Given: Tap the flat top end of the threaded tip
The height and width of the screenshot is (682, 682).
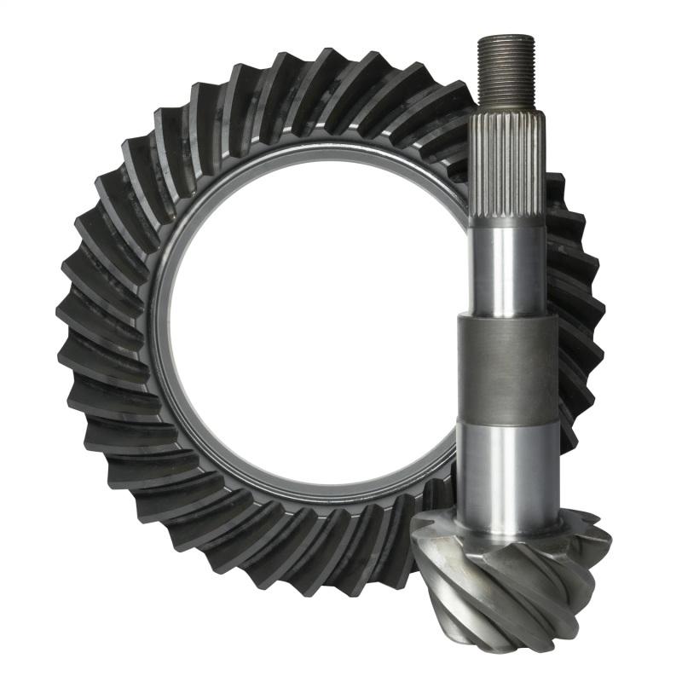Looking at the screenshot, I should pos(506,38).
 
